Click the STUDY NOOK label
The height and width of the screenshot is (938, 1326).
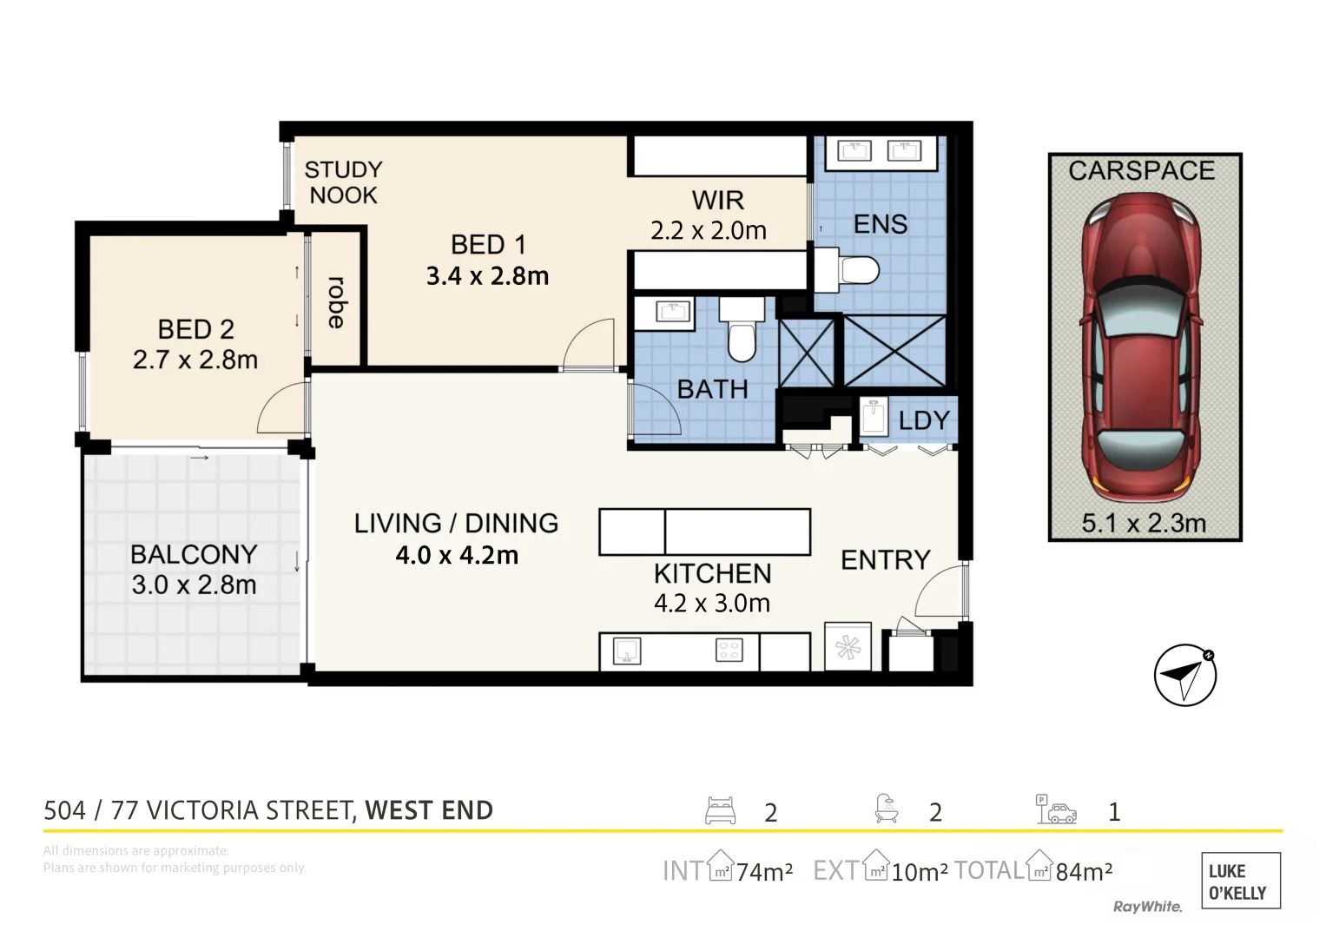pyautogui.click(x=343, y=182)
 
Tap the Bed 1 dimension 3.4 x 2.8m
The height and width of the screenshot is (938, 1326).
pyautogui.click(x=488, y=276)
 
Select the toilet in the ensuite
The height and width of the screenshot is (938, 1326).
pyautogui.click(x=847, y=271)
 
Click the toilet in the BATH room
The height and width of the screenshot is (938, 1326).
pyautogui.click(x=742, y=329)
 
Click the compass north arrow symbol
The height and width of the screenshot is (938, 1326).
pyautogui.click(x=1185, y=675)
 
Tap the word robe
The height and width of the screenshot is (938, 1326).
pyautogui.click(x=336, y=302)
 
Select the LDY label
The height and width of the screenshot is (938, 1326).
pyautogui.click(x=924, y=420)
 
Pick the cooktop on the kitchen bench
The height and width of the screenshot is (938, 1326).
pyautogui.click(x=729, y=651)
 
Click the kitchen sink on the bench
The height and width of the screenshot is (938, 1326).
pyautogui.click(x=627, y=651)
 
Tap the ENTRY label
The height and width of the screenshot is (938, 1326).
pyautogui.click(x=886, y=559)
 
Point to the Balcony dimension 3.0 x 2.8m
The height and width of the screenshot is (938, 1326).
pyautogui.click(x=194, y=585)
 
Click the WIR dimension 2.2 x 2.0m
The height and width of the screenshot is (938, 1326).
pyautogui.click(x=709, y=230)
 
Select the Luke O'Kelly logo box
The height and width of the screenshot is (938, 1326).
pyautogui.click(x=1241, y=881)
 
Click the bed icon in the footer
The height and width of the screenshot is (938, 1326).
pyautogui.click(x=721, y=810)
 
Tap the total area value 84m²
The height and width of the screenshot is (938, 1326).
pyautogui.click(x=1084, y=872)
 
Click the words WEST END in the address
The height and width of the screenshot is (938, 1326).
pyautogui.click(x=429, y=810)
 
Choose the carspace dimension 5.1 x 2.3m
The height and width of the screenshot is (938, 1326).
pyautogui.click(x=1144, y=524)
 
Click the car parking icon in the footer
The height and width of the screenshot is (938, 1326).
pyautogui.click(x=1056, y=809)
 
